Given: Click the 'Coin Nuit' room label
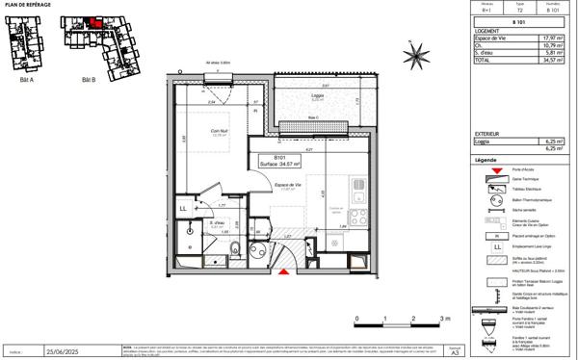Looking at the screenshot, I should (x=220, y=132).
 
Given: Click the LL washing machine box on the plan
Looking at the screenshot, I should (x=183, y=207).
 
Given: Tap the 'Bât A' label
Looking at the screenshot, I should (x=25, y=80).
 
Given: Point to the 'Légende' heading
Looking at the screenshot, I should (x=486, y=160).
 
